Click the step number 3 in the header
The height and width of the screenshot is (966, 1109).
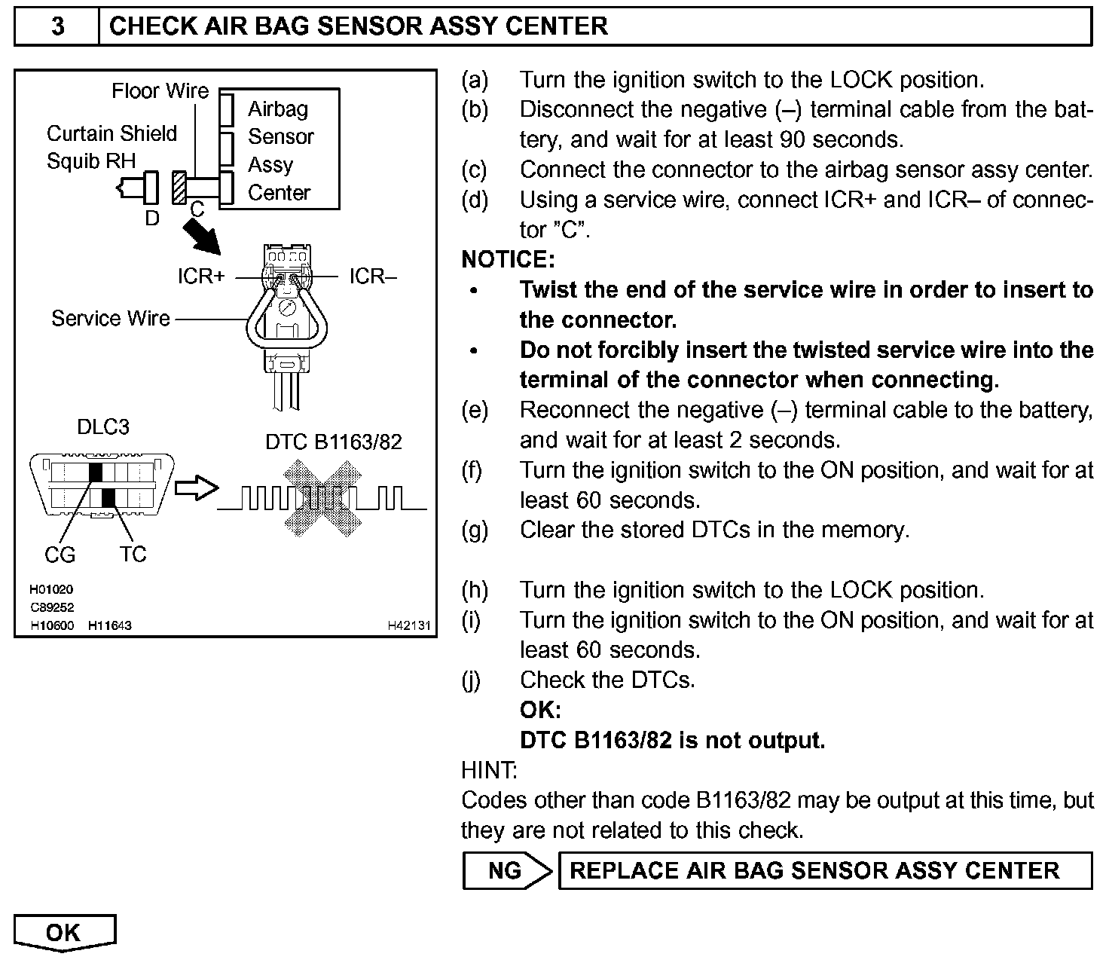tap(57, 26)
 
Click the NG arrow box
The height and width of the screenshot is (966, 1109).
tap(506, 871)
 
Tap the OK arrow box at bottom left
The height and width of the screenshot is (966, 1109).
tap(64, 933)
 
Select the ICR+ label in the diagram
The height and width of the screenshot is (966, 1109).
tap(201, 277)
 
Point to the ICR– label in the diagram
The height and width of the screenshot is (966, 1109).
tap(372, 277)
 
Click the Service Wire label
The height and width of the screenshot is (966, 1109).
tap(111, 319)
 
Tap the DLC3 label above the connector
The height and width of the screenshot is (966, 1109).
tap(103, 426)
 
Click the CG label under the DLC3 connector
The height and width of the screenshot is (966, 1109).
tap(60, 555)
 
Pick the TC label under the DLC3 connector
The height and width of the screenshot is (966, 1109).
tap(133, 555)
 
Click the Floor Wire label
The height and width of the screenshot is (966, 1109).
tap(160, 91)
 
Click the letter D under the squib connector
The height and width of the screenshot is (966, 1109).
tap(152, 219)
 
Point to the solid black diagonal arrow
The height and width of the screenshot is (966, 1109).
tap(202, 238)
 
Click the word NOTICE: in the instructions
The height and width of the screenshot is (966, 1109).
tap(508, 260)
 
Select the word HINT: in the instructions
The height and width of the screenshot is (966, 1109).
tap(488, 771)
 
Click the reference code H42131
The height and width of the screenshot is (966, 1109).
tap(409, 625)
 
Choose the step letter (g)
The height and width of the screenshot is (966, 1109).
tap(474, 530)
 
